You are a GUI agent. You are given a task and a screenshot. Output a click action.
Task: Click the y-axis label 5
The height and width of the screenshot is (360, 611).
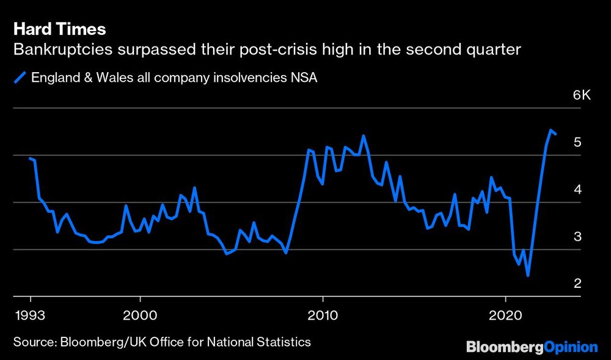pyautogui.click(x=576, y=142)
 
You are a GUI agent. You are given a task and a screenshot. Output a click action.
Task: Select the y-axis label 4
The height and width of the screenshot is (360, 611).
pyautogui.click(x=576, y=189)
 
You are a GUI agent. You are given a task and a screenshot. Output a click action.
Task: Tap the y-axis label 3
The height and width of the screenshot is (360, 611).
pyautogui.click(x=576, y=237)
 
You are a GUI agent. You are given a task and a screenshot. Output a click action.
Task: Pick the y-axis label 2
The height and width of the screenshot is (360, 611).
pyautogui.click(x=576, y=284)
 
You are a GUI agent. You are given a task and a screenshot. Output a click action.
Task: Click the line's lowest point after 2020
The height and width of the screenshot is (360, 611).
pyautogui.click(x=527, y=275)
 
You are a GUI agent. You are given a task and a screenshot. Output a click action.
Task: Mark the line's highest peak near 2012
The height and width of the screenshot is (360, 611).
pyautogui.click(x=363, y=136)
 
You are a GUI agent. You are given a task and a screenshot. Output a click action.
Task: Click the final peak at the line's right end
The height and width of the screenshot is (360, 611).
pyautogui.click(x=551, y=130)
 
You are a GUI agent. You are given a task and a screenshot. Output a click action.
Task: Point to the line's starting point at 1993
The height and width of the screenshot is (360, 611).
pyautogui.click(x=31, y=158)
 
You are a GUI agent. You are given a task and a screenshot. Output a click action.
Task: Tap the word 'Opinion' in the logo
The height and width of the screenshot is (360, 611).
pyautogui.click(x=571, y=347)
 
